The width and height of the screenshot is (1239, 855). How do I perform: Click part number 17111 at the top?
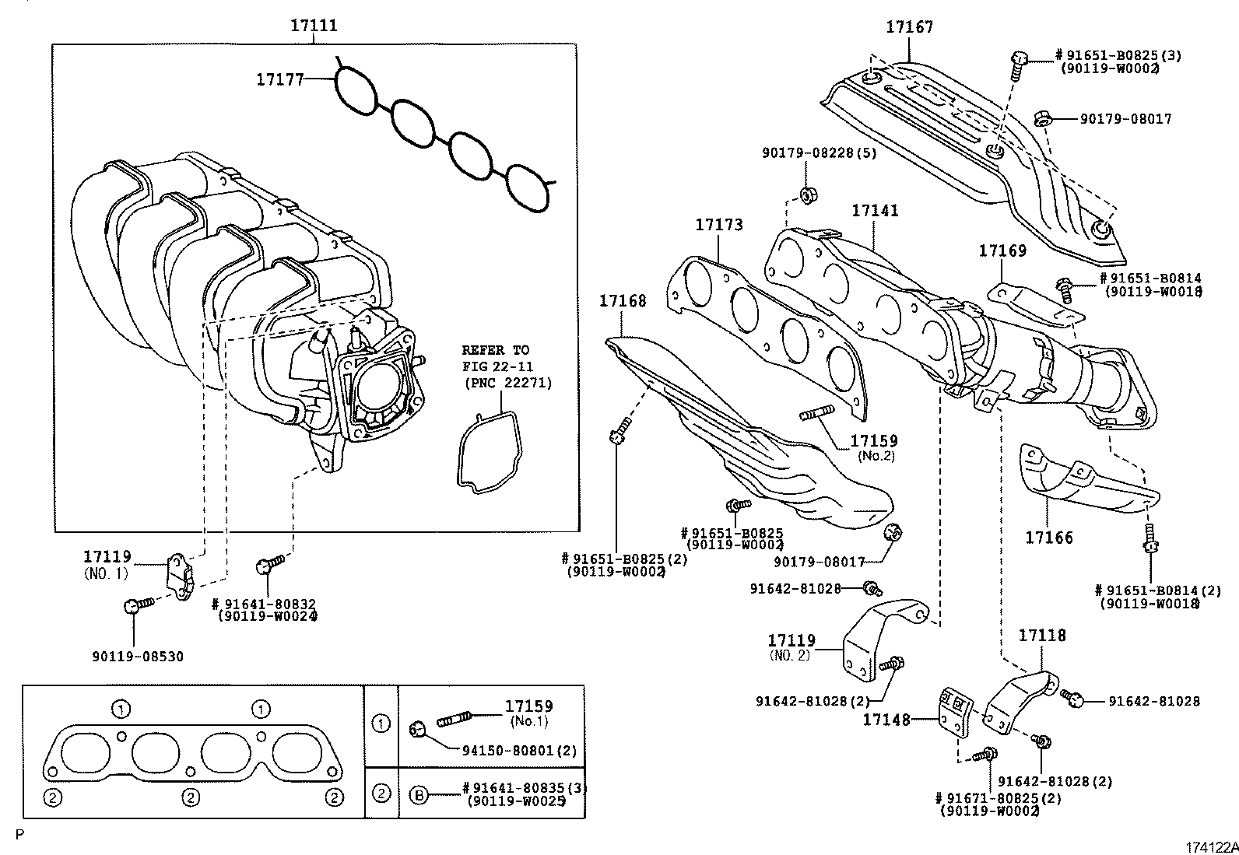point(314,25)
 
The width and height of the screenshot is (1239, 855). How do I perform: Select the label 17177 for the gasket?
point(280,79)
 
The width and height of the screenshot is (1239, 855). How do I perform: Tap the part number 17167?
point(909,27)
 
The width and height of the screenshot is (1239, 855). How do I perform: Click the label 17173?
point(718,225)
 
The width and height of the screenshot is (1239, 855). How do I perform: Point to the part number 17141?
point(875,211)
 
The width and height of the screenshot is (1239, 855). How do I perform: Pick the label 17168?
point(623,300)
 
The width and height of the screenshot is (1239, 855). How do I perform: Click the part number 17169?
point(1002,251)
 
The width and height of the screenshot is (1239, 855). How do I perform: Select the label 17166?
point(1048,537)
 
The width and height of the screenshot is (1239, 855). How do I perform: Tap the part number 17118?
point(1042,636)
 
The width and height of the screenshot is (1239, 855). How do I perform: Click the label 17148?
point(886,720)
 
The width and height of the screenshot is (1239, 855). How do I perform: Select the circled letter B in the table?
point(419,796)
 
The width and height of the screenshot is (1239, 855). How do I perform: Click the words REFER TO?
point(495,350)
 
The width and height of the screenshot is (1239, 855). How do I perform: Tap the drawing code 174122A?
point(1211,846)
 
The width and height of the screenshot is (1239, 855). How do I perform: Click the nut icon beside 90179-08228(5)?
point(807,194)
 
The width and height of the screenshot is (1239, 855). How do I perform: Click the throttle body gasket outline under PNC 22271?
point(486,452)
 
